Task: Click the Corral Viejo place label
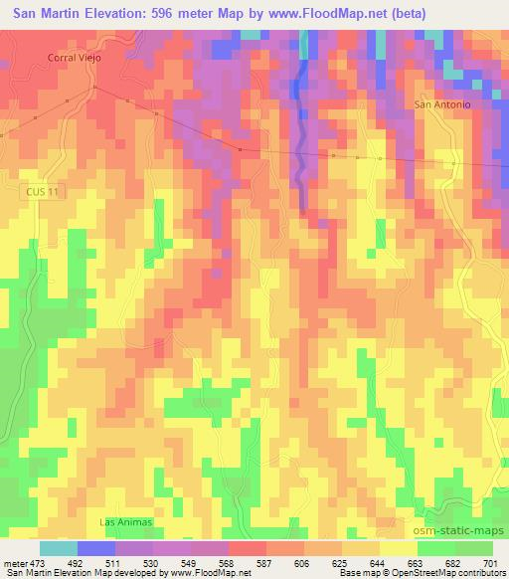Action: click(x=75, y=58)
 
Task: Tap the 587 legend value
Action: click(x=265, y=563)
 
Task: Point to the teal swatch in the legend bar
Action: click(x=59, y=548)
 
